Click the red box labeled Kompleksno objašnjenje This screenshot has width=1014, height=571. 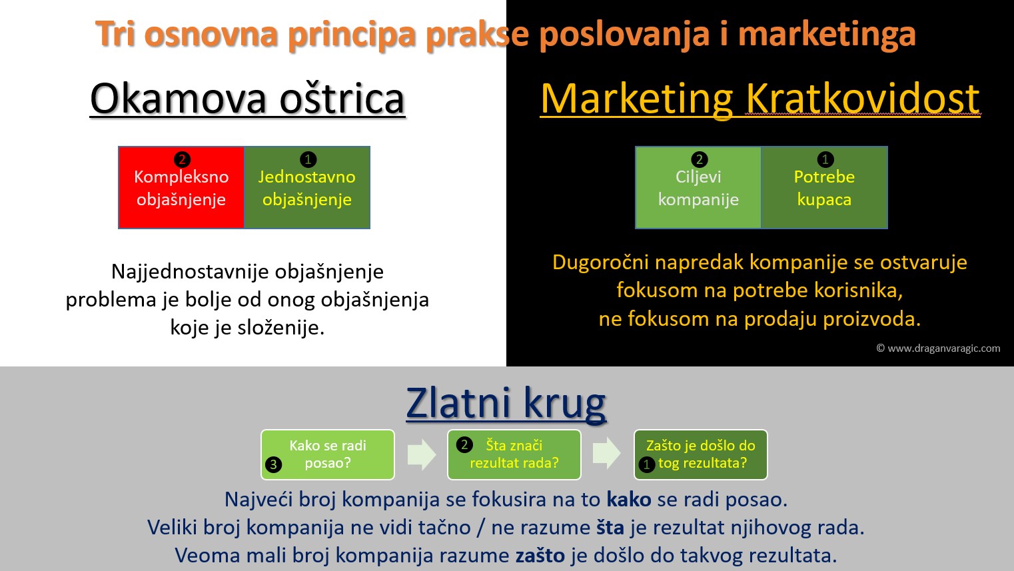(x=181, y=187)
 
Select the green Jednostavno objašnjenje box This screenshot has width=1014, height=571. (x=307, y=187)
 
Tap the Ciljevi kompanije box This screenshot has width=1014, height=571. (x=698, y=187)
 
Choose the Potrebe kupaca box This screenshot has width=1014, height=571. (x=824, y=187)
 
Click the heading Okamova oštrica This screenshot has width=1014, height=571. (x=247, y=99)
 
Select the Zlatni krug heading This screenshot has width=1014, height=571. (x=506, y=403)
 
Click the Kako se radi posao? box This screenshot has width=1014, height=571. (x=328, y=454)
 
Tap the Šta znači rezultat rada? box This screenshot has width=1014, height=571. (x=514, y=454)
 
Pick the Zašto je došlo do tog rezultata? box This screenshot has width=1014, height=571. (x=701, y=454)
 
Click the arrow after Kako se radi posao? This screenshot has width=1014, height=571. (x=422, y=454)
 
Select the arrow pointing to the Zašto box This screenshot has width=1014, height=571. (x=607, y=453)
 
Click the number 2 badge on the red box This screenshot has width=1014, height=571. (x=182, y=159)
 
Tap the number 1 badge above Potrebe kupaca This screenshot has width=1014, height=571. (x=825, y=159)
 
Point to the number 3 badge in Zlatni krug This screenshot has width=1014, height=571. (x=273, y=464)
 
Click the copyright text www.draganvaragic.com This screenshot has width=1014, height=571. (x=938, y=348)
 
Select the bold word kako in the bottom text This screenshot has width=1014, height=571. (x=629, y=500)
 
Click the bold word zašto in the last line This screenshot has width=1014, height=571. (x=540, y=556)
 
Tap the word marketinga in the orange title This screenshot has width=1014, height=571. (x=827, y=35)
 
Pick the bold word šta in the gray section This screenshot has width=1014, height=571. (x=610, y=528)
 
